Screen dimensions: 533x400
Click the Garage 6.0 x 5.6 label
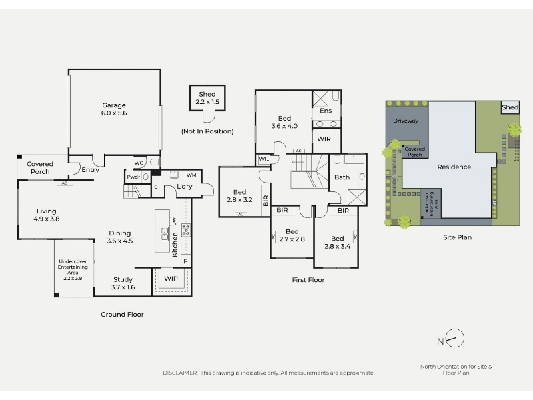point(114,109)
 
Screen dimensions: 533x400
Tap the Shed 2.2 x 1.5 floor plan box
point(207,98)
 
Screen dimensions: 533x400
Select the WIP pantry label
point(171,279)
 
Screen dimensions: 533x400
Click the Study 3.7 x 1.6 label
point(123,283)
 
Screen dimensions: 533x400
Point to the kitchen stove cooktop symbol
point(186,230)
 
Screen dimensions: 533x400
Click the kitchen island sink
point(165,234)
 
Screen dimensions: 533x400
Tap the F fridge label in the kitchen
point(186,261)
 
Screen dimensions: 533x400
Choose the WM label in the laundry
point(191,175)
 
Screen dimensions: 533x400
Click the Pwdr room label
point(133,177)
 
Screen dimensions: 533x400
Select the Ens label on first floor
point(326,111)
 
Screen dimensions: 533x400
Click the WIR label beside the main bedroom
point(324,139)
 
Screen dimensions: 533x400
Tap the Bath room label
point(342,177)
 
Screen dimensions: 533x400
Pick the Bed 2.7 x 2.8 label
point(292,235)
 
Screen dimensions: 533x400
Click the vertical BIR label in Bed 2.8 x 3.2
point(266,201)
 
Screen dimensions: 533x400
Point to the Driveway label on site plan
point(406,121)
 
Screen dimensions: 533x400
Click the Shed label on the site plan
point(510,107)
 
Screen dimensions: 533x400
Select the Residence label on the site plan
point(454,167)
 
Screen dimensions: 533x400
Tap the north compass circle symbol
point(455,338)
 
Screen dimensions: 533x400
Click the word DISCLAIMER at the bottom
point(180,373)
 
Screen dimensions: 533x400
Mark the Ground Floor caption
point(122,315)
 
